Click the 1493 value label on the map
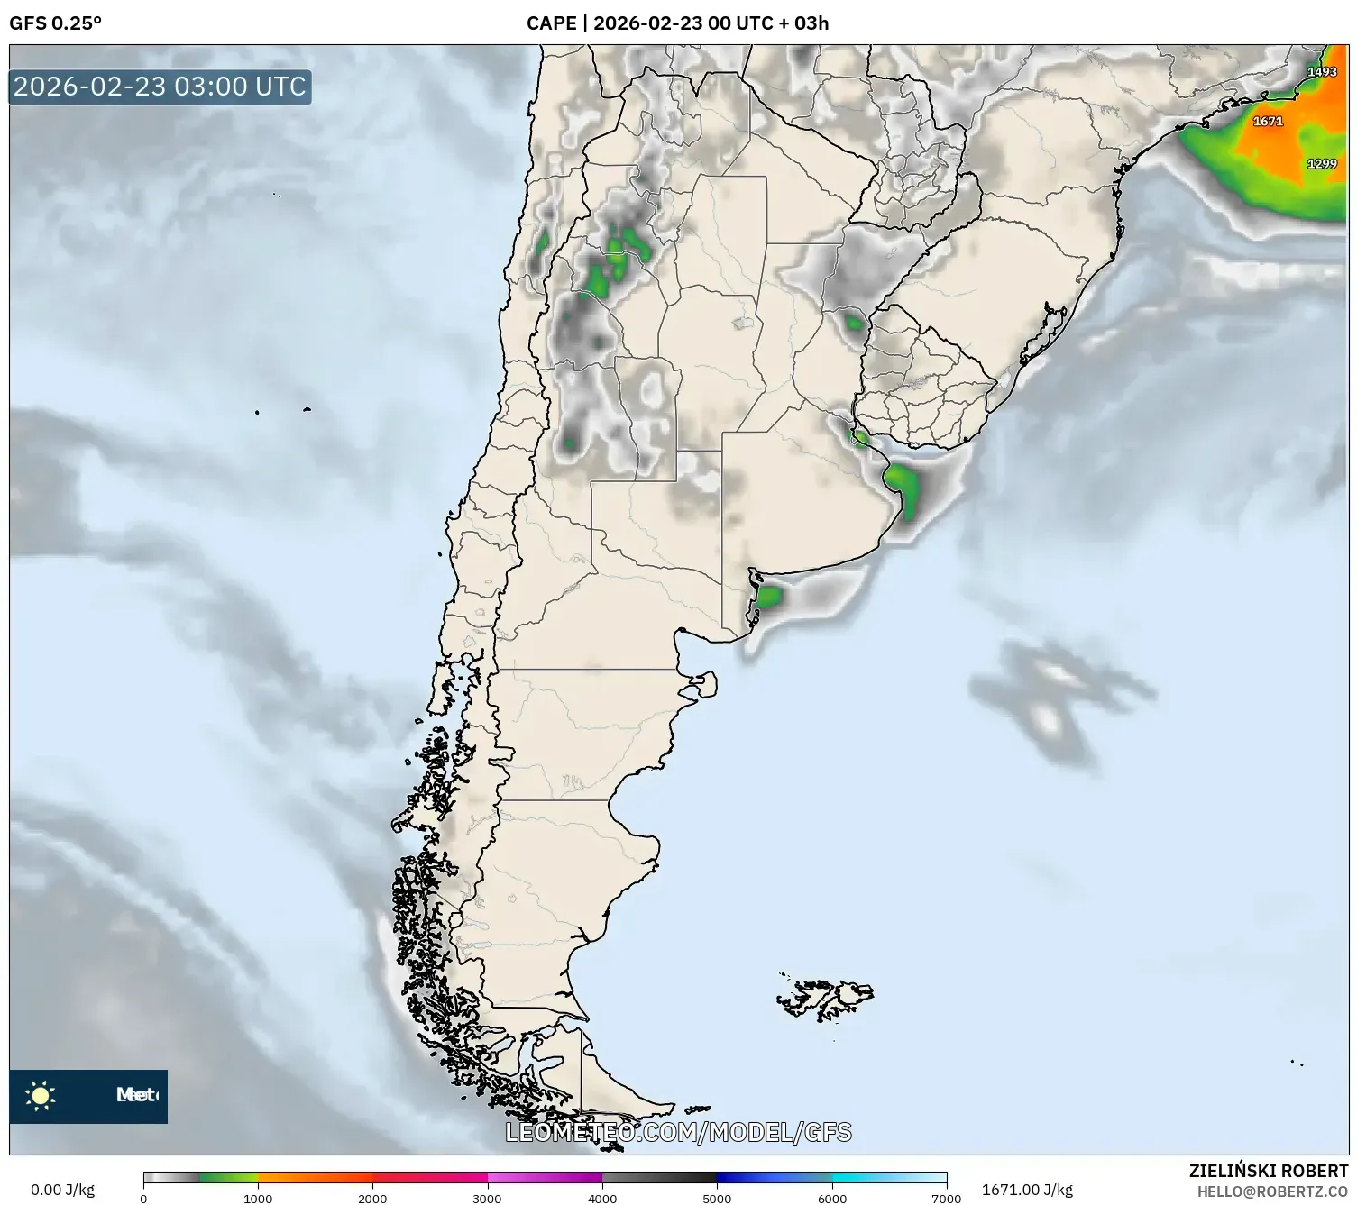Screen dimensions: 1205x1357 click(x=1322, y=72)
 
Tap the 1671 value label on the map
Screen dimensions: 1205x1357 click(x=1268, y=121)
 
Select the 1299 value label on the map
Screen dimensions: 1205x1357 click(x=1322, y=164)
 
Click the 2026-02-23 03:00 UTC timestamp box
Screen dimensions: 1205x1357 click(x=160, y=87)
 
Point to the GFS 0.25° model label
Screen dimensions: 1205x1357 click(x=55, y=23)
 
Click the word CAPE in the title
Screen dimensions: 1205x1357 click(x=551, y=23)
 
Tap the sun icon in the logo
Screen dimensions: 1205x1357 click(x=41, y=1096)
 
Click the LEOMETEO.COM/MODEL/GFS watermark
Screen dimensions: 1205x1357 click(x=678, y=1132)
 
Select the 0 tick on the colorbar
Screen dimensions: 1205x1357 click(x=143, y=1199)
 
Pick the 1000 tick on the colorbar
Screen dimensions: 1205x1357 click(x=258, y=1199)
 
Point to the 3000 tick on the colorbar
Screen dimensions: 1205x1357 click(x=488, y=1199)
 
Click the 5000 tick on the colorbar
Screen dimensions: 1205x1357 click(x=717, y=1199)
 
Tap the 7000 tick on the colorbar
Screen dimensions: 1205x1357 click(x=946, y=1199)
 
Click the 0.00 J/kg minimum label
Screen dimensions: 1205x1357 click(x=62, y=1190)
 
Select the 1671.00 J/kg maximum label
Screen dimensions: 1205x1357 click(x=1027, y=1190)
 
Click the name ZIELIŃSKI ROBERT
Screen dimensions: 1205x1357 click(x=1269, y=1171)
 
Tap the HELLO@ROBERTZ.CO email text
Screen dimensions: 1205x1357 click(x=1272, y=1191)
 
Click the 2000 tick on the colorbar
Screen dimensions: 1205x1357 click(x=372, y=1199)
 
